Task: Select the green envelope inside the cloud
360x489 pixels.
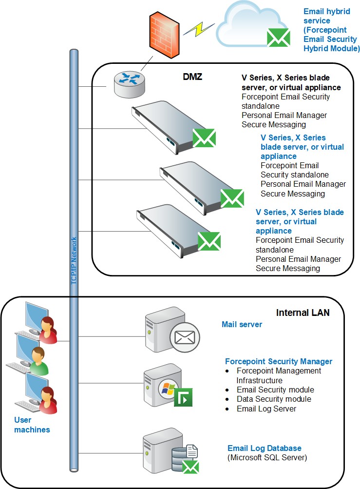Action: (x=279, y=37)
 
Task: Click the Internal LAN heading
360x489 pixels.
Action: (x=303, y=313)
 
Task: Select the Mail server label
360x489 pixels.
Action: (x=242, y=324)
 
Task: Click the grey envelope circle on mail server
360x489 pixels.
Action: (x=184, y=336)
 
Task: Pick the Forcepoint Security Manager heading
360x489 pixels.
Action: (x=279, y=361)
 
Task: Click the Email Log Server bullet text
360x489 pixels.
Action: (x=266, y=409)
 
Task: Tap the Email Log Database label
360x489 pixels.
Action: (x=265, y=448)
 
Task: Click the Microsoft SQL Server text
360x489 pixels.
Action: (x=267, y=458)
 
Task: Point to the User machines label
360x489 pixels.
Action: (x=32, y=425)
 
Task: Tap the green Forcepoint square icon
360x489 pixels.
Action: (x=183, y=397)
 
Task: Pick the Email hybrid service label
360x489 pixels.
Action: (x=331, y=30)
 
